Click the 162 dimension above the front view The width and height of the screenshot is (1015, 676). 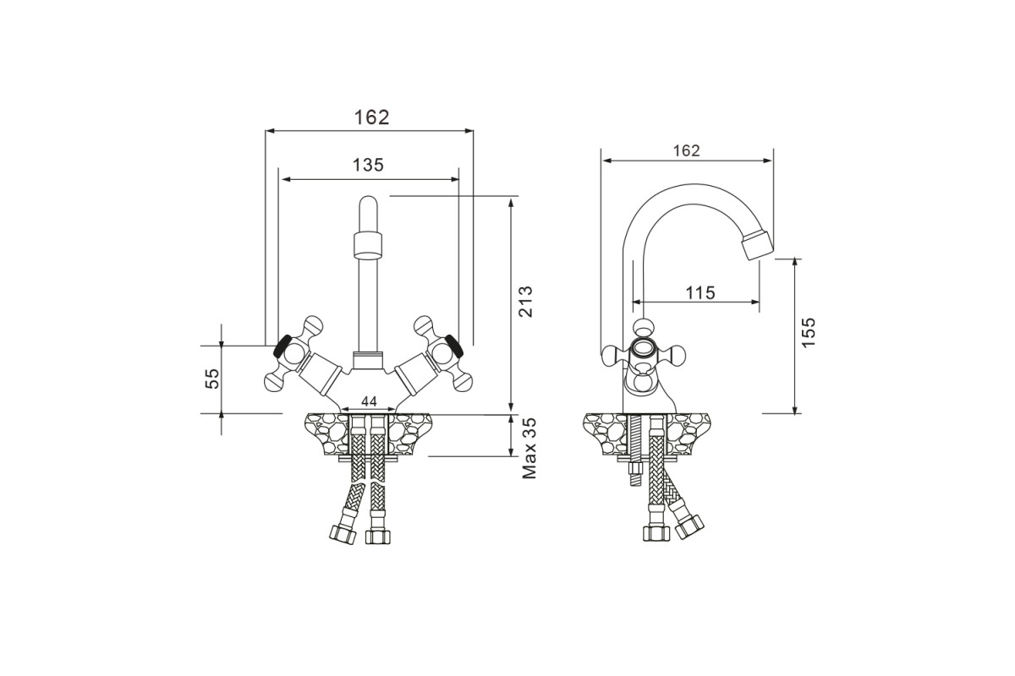371,117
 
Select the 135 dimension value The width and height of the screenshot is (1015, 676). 368,166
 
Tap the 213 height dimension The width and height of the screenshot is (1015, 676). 525,301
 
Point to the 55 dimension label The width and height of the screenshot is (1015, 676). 212,379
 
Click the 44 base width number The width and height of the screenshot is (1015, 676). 369,401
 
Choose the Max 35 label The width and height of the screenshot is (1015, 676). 529,448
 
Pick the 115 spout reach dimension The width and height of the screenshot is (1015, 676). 700,293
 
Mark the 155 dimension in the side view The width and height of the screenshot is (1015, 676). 809,332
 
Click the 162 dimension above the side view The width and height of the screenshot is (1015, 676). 686,150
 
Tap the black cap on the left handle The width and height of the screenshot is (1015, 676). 282,346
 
